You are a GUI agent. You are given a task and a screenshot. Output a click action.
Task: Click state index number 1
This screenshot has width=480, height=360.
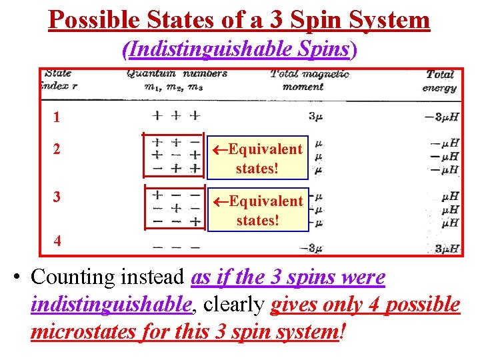click(57, 117)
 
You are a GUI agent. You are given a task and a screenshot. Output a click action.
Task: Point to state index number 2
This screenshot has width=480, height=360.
click(57, 149)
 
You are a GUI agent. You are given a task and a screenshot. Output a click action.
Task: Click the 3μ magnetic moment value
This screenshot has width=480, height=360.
click(315, 117)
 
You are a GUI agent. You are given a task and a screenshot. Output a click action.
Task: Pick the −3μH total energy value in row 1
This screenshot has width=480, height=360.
click(441, 117)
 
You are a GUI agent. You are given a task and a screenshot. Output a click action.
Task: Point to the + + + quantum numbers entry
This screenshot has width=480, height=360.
click(175, 115)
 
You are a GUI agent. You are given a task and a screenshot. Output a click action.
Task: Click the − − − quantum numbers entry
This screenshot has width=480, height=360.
click(175, 247)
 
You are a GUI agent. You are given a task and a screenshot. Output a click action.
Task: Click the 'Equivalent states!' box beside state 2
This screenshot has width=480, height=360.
click(258, 158)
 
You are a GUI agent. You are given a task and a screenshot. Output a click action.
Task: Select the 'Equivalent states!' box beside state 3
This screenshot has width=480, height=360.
click(258, 209)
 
